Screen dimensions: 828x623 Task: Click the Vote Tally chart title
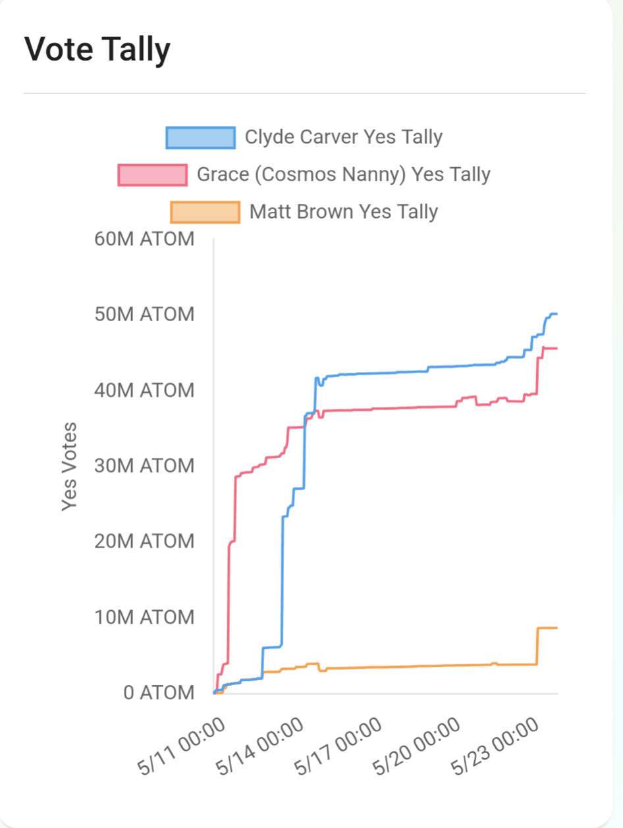(x=97, y=49)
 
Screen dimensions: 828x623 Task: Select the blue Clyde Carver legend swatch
(x=200, y=137)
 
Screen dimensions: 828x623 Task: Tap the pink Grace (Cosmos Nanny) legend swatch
(x=152, y=175)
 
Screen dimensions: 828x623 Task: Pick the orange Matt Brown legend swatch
(x=205, y=212)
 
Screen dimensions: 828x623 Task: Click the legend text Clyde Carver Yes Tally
(x=343, y=137)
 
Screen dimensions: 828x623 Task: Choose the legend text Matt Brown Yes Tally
(x=343, y=212)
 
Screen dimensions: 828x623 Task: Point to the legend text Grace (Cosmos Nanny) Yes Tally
(x=343, y=175)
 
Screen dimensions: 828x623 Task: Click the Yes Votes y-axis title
(x=69, y=466)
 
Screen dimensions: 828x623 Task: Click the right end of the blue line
(x=556, y=314)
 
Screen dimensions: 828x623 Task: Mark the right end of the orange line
(x=556, y=628)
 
